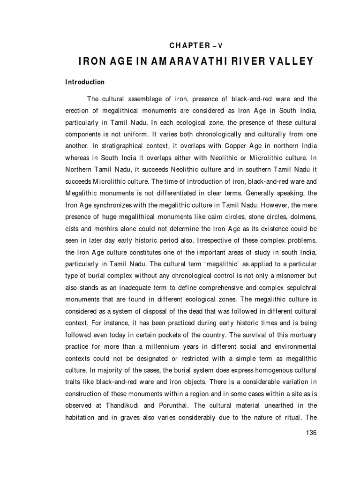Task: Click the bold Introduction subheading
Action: click(x=85, y=82)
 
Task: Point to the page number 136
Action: click(x=311, y=433)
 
